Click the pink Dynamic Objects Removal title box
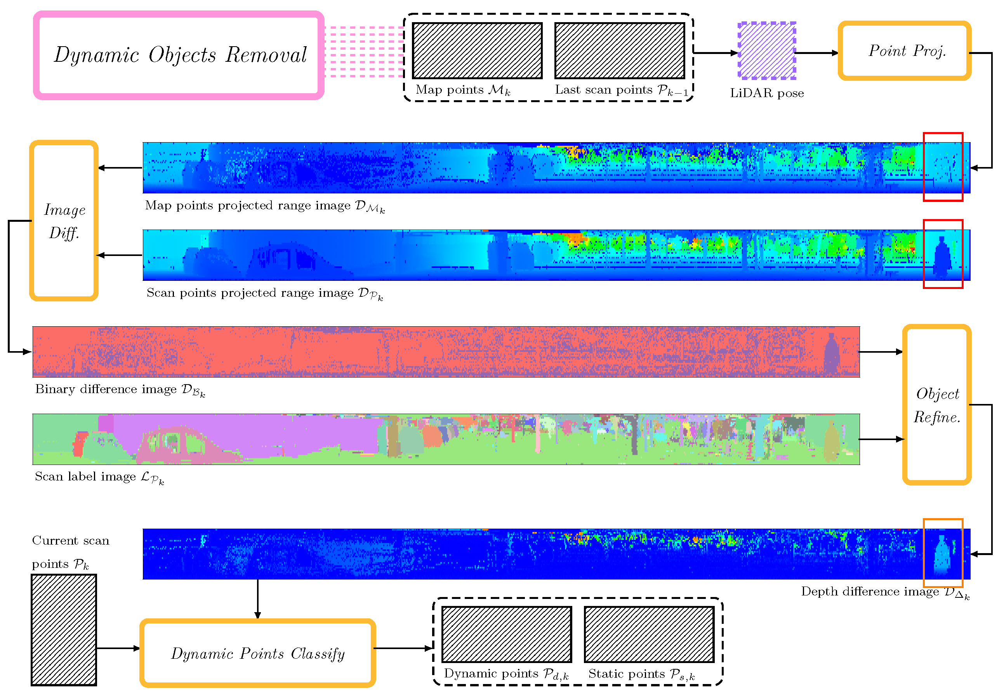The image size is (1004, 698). coord(178,56)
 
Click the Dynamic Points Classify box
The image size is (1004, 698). coord(257,653)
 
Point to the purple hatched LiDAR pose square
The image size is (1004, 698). coord(766,51)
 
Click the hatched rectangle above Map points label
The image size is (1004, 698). coord(477,51)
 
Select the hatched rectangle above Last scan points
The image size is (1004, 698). coord(619,51)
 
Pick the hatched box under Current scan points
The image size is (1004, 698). coord(64,629)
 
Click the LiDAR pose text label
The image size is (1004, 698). coord(766,93)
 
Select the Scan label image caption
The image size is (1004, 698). coord(99,477)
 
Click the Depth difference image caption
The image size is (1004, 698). coord(884,592)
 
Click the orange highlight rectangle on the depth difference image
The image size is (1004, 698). coord(942,520)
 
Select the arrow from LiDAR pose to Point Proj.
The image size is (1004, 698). coord(816,53)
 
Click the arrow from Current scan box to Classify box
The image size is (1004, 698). coord(118,648)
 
